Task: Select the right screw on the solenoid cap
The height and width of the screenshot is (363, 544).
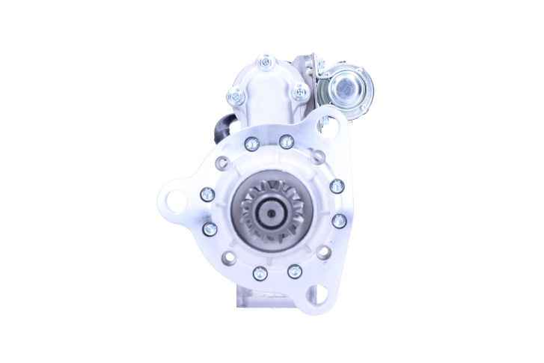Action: [x=300, y=93]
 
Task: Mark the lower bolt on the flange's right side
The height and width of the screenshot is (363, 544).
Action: [x=338, y=220]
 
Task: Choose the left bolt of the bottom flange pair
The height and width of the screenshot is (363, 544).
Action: [x=259, y=273]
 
